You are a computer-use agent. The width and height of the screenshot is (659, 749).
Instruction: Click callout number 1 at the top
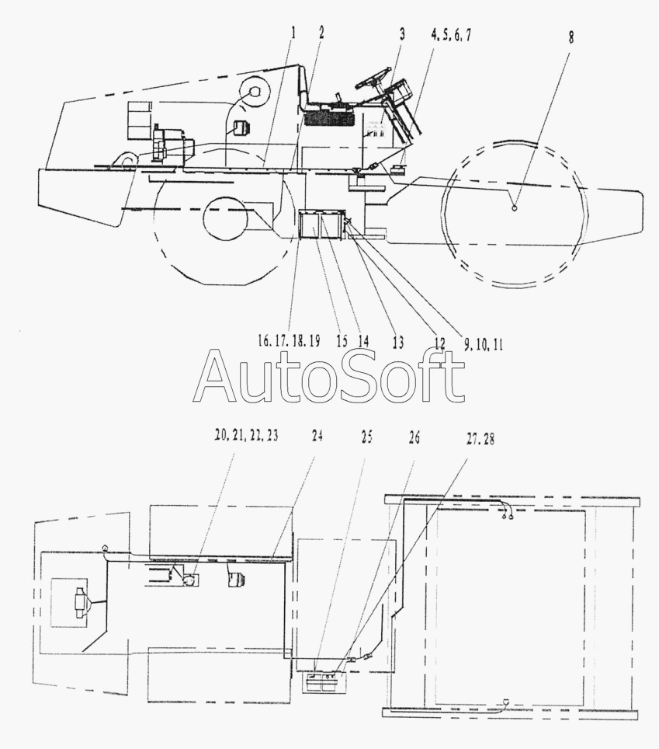[293, 33]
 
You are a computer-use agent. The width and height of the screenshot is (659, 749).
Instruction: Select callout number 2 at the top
[321, 33]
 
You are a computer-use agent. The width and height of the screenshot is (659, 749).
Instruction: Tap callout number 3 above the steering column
[402, 34]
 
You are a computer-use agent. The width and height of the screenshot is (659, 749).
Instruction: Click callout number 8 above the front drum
[571, 37]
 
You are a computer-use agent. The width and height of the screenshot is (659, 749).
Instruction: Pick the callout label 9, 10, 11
[483, 345]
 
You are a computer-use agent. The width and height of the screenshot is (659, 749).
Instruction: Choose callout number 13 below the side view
[398, 342]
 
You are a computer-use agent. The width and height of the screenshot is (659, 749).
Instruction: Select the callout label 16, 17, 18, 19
[289, 340]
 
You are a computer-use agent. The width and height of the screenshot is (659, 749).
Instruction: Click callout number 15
[342, 341]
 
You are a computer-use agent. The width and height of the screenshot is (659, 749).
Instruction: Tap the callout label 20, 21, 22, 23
[246, 436]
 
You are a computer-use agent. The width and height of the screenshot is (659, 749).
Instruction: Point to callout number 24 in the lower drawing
[317, 436]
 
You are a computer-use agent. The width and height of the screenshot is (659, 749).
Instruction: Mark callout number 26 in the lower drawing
[414, 437]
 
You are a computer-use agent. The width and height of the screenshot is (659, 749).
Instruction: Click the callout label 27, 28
[480, 439]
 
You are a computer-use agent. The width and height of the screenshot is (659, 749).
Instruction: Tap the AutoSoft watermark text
[329, 376]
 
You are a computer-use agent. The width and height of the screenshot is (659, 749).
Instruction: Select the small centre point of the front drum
[514, 208]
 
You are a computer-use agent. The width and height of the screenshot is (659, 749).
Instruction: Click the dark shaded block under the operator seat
[329, 118]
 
